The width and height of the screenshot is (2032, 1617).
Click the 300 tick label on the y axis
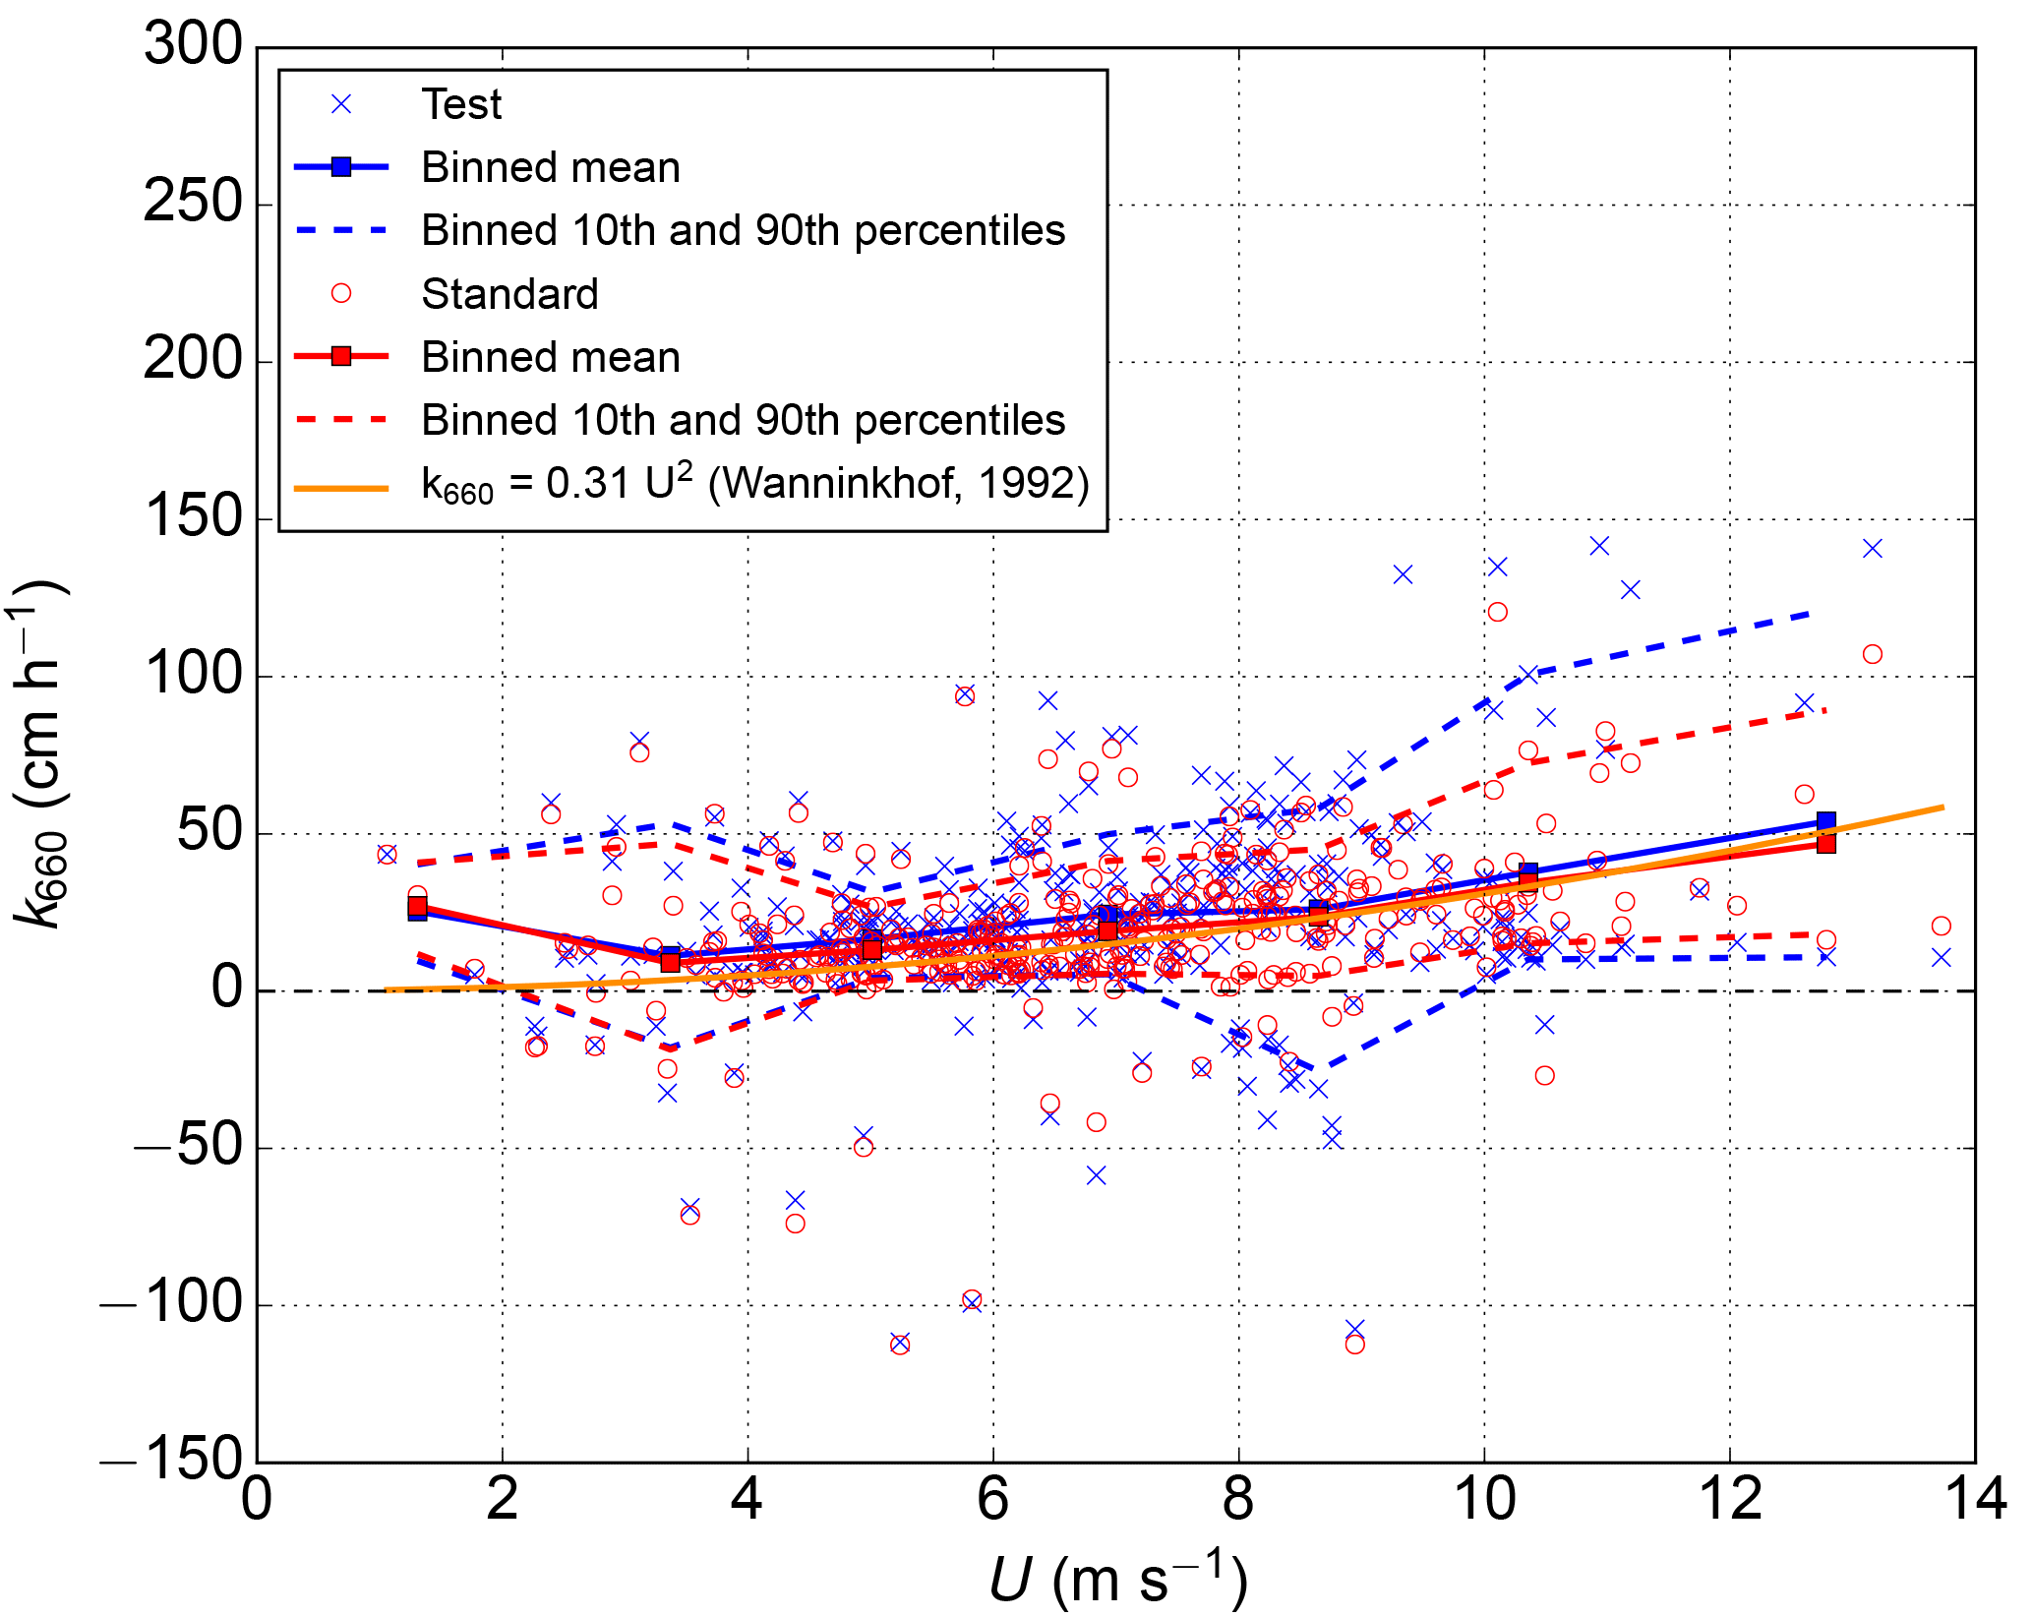(x=193, y=45)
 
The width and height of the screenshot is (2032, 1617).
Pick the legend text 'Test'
(x=461, y=104)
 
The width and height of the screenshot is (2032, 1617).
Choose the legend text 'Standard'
(x=509, y=294)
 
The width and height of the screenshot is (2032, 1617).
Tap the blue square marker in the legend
(x=341, y=167)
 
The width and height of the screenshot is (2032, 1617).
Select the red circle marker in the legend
(x=341, y=294)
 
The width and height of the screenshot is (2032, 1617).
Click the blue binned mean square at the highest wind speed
(x=1826, y=821)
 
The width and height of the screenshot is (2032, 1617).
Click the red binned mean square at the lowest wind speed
(x=418, y=906)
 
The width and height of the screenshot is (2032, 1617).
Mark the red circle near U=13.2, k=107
(x=1873, y=654)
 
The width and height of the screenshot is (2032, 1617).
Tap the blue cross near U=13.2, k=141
(x=1873, y=548)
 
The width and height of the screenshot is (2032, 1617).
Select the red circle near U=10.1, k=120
(x=1497, y=612)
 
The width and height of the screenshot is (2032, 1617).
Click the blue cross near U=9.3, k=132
(x=1403, y=574)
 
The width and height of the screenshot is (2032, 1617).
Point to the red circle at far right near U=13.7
(x=1941, y=926)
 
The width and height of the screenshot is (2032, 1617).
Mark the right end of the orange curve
(x=1942, y=808)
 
